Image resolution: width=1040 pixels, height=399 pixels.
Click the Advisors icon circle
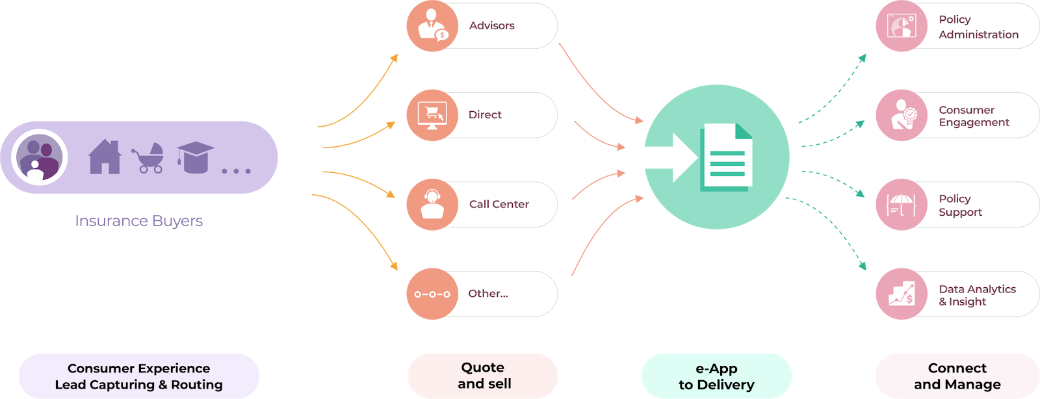[432, 26]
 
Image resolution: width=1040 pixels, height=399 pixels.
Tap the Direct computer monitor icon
[432, 115]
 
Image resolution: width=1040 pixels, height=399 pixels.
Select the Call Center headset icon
[432, 204]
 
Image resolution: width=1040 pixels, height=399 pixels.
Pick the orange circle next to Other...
[432, 294]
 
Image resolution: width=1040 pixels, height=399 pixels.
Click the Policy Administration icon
[902, 26]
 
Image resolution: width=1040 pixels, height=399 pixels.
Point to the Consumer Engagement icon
[902, 115]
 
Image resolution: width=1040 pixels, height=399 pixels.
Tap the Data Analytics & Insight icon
[902, 294]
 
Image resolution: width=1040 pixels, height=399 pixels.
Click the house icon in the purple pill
[105, 157]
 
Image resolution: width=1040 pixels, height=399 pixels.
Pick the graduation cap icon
[195, 157]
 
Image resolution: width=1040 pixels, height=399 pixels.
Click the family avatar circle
[40, 157]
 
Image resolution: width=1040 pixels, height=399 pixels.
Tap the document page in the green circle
[726, 157]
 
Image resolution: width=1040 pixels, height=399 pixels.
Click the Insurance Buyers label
[138, 221]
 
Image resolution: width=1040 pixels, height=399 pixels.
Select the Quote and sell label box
[483, 376]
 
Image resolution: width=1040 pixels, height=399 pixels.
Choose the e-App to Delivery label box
[716, 376]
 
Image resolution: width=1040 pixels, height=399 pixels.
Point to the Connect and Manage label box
[957, 376]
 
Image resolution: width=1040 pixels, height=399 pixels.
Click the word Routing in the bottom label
[197, 385]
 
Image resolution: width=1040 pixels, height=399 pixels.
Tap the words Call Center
[499, 204]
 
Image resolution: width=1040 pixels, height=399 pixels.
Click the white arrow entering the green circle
[673, 157]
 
